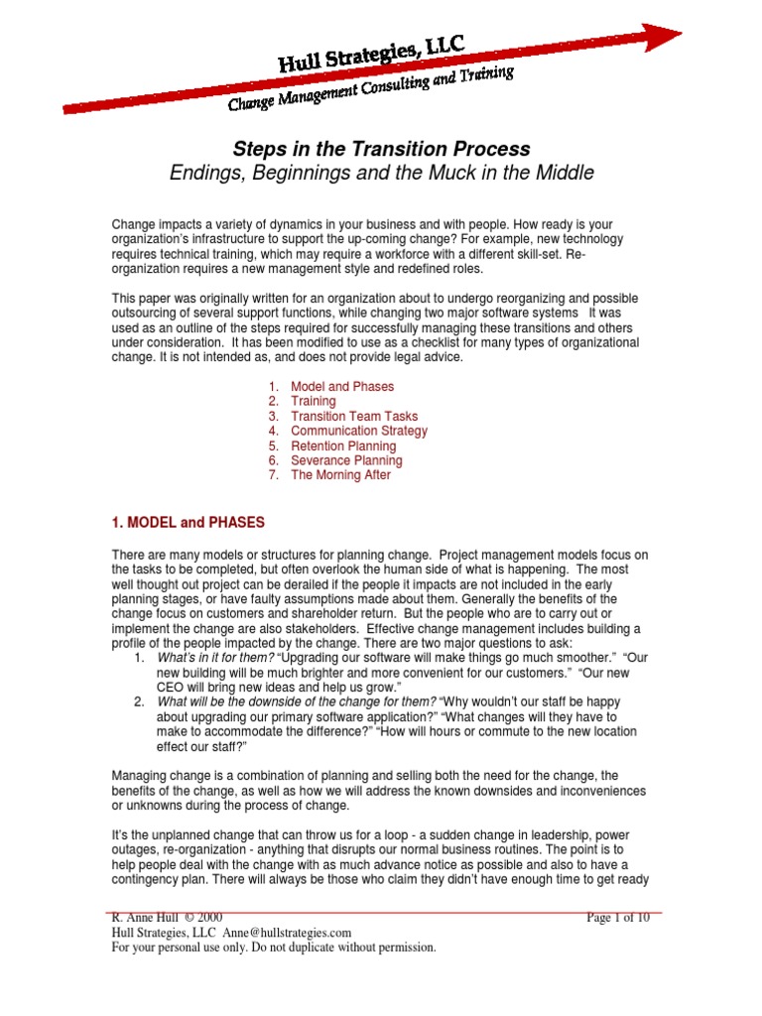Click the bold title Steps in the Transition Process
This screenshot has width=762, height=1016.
pyautogui.click(x=381, y=149)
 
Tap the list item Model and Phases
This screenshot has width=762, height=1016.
pyautogui.click(x=341, y=386)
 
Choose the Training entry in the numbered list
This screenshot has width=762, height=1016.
pyautogui.click(x=313, y=401)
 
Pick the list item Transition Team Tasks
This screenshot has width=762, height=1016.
pyautogui.click(x=354, y=416)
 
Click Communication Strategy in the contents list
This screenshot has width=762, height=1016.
pyautogui.click(x=359, y=431)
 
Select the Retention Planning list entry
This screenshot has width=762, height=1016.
pyautogui.click(x=343, y=445)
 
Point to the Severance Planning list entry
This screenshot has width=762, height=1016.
pyautogui.click(x=346, y=460)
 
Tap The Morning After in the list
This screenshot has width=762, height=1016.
pyautogui.click(x=340, y=475)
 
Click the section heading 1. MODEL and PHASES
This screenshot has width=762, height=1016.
pyautogui.click(x=190, y=521)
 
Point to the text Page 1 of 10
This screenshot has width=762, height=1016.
pyautogui.click(x=618, y=918)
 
